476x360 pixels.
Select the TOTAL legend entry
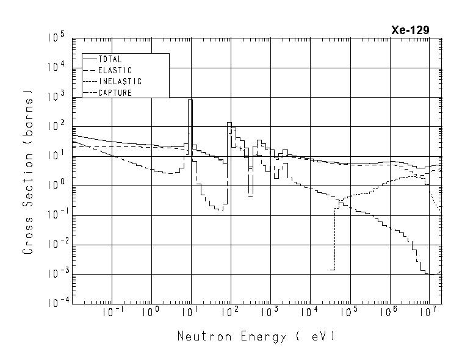110,60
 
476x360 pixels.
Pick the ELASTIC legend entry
115,71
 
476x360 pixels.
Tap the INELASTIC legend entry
120,82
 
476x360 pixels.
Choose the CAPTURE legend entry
115,93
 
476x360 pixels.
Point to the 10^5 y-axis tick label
57,38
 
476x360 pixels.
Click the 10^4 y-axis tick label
57,68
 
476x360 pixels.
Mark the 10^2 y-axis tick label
57,127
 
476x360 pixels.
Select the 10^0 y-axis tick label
57,186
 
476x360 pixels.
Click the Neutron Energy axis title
256,336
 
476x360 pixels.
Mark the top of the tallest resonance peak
190,100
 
